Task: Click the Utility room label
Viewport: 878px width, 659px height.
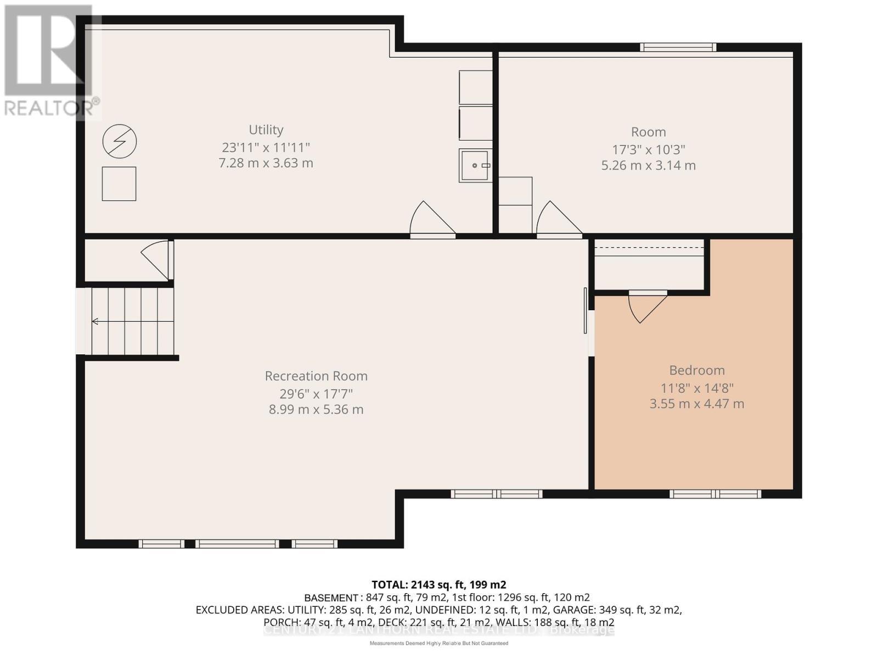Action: click(x=266, y=130)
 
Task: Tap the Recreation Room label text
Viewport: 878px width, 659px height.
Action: click(x=316, y=376)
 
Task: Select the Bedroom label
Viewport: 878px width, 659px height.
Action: click(x=697, y=370)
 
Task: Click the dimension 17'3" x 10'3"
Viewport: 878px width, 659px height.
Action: click(x=649, y=149)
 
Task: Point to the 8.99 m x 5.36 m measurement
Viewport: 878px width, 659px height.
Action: click(x=316, y=410)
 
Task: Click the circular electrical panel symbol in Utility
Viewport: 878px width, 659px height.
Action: click(x=120, y=142)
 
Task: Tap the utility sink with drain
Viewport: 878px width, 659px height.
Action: click(x=475, y=165)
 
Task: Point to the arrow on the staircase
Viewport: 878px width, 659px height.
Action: click(x=95, y=321)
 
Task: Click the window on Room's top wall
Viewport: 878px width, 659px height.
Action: click(x=678, y=47)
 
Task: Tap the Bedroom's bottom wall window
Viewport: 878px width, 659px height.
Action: click(x=715, y=494)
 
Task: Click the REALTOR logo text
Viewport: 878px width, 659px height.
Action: click(x=52, y=108)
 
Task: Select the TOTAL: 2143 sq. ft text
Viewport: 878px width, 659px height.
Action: click(x=438, y=584)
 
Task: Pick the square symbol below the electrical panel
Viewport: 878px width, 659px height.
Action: click(x=119, y=184)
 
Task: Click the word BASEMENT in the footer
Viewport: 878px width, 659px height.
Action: click(x=331, y=597)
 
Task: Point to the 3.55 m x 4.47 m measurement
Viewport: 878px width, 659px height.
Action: click(x=697, y=404)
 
